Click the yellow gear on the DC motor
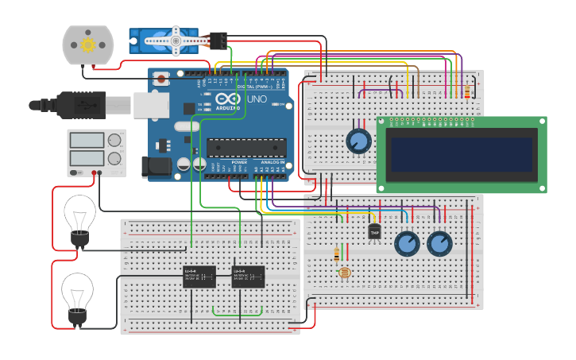87,45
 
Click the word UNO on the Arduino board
257,100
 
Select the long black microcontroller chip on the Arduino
246,148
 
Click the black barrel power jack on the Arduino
156,166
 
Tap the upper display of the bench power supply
87,140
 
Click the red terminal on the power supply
94,172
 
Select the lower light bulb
77,292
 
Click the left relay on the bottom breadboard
199,277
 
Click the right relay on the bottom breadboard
248,277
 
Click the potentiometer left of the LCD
358,141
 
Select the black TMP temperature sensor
375,231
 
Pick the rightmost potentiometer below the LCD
439,243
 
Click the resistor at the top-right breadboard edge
466,93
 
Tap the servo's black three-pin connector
218,40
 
